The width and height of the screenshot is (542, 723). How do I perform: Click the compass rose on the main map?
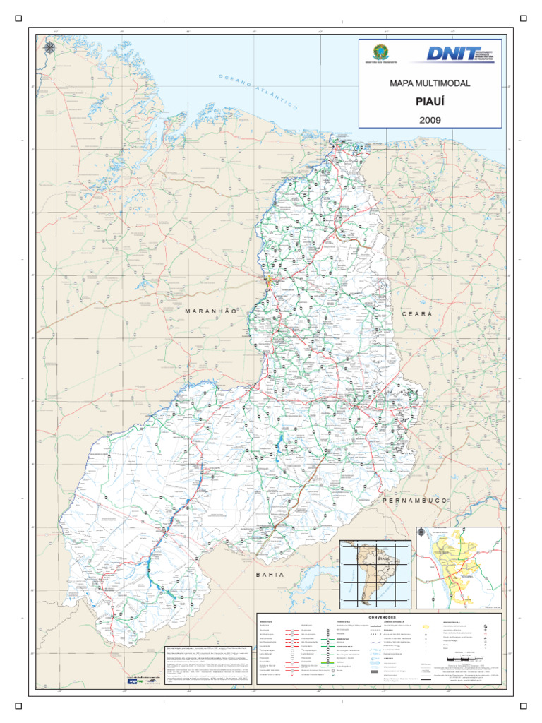(50, 48)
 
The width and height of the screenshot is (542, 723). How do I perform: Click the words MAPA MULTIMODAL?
(430, 83)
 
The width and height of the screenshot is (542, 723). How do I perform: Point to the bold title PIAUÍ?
(430, 102)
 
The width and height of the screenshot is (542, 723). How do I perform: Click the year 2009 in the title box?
(430, 120)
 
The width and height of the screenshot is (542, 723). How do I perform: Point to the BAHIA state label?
(270, 575)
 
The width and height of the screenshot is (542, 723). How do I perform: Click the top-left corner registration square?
(18, 18)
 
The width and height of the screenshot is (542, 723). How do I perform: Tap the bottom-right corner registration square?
(523, 704)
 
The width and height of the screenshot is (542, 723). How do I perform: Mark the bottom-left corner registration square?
(18, 704)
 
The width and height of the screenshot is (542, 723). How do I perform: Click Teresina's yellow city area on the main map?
(268, 284)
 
